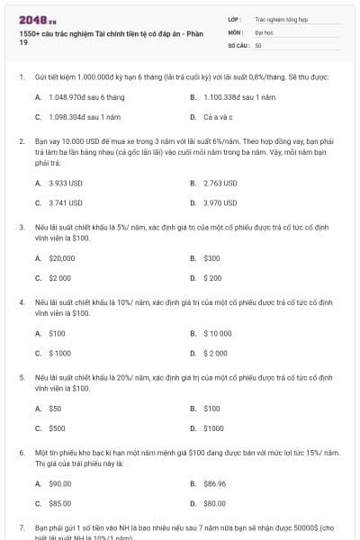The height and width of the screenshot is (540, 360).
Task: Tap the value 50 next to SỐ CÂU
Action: point(258,44)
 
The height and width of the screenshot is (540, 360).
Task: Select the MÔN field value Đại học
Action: point(264,31)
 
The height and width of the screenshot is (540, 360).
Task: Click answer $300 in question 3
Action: point(212,257)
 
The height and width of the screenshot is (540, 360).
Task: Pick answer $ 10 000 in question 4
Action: point(219,333)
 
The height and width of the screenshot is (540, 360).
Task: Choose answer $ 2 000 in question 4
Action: point(216,353)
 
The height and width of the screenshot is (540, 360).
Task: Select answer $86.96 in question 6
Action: point(215,483)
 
